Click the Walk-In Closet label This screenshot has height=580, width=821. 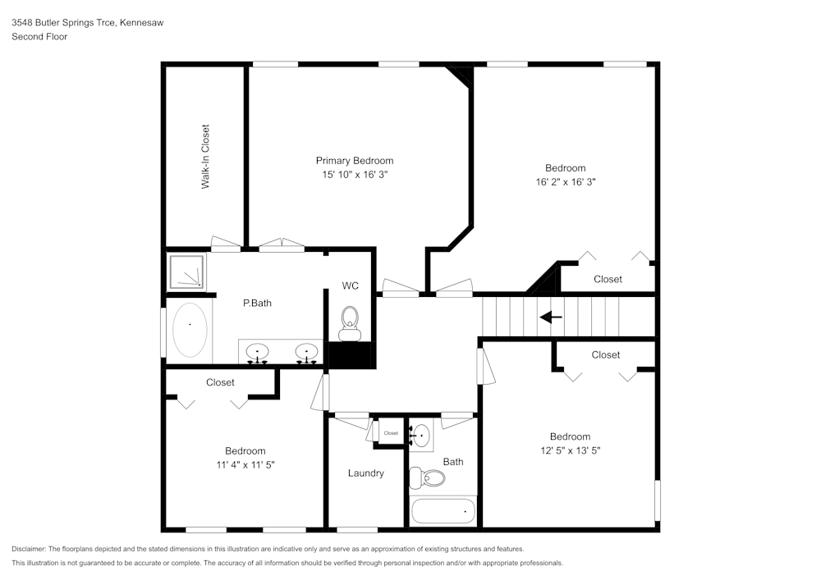tap(206, 157)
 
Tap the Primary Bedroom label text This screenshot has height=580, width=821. tap(355, 161)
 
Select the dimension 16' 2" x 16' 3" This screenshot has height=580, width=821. tap(566, 182)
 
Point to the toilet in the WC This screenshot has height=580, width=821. tap(351, 321)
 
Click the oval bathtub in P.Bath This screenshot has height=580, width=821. tap(190, 329)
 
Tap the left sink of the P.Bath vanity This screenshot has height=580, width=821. tap(258, 352)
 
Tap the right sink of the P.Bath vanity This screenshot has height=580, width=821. tap(308, 352)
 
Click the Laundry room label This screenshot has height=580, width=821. tap(365, 473)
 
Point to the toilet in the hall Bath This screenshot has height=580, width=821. tap(427, 477)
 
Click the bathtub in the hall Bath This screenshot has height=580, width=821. tap(443, 511)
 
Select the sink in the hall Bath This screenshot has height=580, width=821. tap(421, 435)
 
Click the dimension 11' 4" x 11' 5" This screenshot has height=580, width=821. tap(245, 464)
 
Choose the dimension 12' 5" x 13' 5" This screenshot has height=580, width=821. tap(570, 450)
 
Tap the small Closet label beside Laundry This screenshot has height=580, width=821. tap(391, 433)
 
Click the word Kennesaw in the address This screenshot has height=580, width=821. tap(141, 23)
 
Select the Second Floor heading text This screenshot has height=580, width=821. tap(39, 37)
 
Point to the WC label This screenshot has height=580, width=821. tap(351, 286)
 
